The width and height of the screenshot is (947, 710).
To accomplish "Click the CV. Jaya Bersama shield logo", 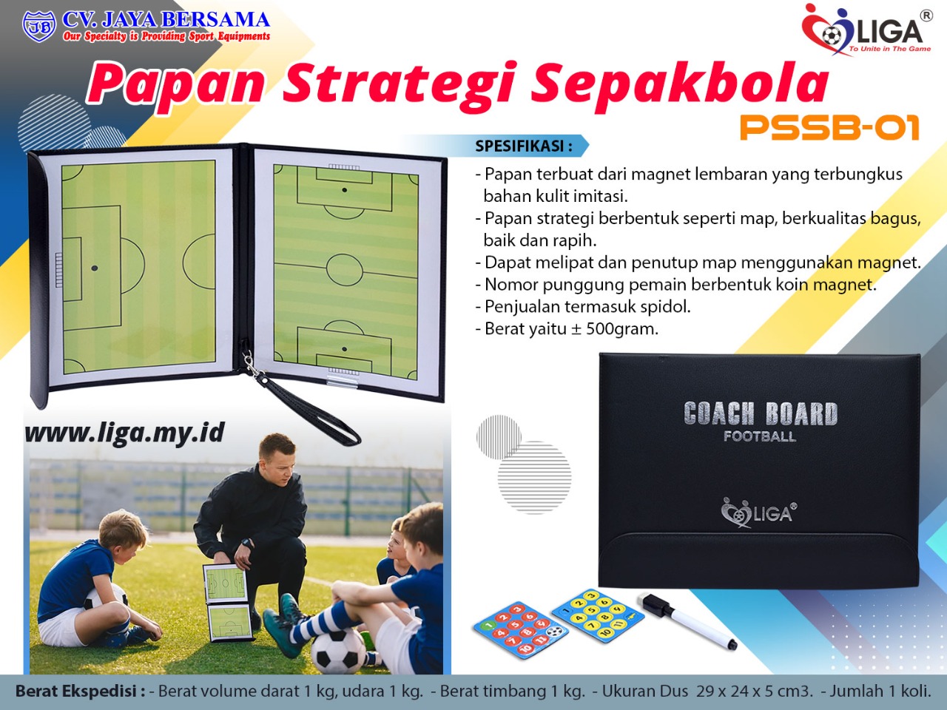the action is (x=38, y=27).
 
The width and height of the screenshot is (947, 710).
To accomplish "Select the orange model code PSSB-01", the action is (x=829, y=128).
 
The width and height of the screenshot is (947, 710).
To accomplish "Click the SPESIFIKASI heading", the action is (x=524, y=146).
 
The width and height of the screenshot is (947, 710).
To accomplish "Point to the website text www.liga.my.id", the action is (x=125, y=433).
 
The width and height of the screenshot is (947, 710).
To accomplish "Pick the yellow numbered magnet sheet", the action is (x=598, y=615).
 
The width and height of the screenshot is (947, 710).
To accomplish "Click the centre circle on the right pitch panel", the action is (x=344, y=270).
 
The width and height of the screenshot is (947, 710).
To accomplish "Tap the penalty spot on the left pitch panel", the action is (x=95, y=268).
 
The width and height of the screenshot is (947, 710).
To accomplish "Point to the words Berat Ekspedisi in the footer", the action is (x=80, y=691).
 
